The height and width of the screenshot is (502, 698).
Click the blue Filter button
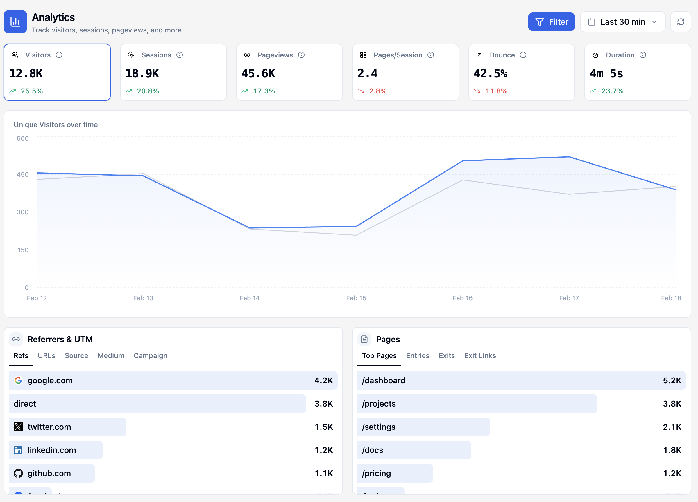point(551,22)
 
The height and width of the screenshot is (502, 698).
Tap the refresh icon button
point(681,22)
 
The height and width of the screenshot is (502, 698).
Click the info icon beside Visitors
point(59,55)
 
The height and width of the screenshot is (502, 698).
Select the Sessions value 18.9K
point(142,74)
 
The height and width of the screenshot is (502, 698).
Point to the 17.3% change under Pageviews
point(264,91)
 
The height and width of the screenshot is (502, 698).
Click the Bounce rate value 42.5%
point(490,74)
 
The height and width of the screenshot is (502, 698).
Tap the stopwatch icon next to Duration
point(595,55)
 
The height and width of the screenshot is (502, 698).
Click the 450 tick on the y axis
point(22,175)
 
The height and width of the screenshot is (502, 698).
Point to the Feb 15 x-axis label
point(356,298)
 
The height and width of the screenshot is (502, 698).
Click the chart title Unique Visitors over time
point(56,124)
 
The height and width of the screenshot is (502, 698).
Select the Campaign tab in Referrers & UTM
point(150,355)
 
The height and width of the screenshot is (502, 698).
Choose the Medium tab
point(111,355)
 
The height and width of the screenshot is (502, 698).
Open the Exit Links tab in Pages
point(480,355)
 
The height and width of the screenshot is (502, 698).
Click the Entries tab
point(417,355)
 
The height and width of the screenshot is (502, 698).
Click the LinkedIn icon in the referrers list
point(18,450)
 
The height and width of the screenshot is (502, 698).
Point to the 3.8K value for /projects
point(672,404)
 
